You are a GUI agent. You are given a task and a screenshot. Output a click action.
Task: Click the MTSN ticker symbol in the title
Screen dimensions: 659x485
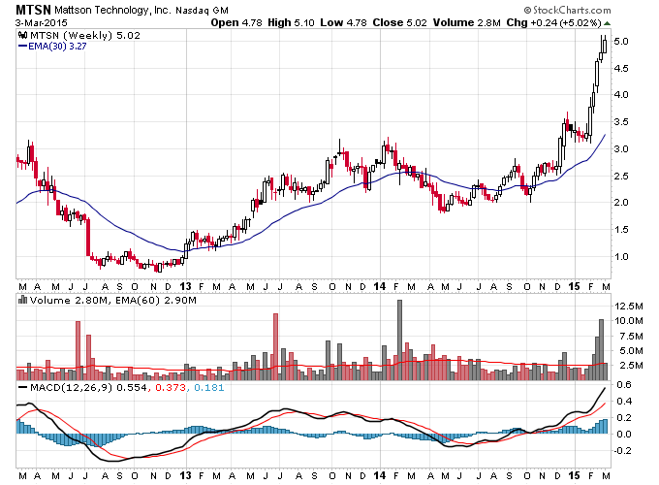click(x=33, y=10)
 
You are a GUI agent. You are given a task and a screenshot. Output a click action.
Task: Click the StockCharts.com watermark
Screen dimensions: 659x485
click(x=567, y=10)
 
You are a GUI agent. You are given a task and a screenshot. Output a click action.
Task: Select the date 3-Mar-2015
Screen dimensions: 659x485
click(x=41, y=22)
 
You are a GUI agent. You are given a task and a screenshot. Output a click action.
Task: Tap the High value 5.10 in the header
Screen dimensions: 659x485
click(x=304, y=22)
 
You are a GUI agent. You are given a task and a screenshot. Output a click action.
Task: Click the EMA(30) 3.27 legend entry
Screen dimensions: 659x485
click(x=52, y=47)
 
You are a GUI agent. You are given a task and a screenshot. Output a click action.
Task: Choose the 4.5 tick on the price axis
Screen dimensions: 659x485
click(x=621, y=68)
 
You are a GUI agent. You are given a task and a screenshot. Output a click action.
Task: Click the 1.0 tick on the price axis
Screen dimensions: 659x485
click(x=621, y=257)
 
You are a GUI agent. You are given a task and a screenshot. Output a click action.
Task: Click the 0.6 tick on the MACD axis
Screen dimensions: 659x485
click(x=624, y=384)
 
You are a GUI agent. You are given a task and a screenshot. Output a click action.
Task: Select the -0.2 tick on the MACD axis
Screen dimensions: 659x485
click(x=622, y=450)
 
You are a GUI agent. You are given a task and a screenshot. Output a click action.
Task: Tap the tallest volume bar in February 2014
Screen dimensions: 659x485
click(x=399, y=339)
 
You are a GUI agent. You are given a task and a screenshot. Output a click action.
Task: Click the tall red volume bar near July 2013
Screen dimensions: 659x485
click(x=275, y=346)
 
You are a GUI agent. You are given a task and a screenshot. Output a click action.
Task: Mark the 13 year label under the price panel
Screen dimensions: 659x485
click(x=185, y=286)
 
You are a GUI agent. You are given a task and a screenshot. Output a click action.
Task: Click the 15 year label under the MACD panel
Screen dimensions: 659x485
click(x=574, y=475)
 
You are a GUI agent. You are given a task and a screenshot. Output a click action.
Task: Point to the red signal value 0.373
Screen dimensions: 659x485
click(x=171, y=387)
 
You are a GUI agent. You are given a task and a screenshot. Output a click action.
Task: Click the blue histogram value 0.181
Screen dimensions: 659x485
click(x=209, y=387)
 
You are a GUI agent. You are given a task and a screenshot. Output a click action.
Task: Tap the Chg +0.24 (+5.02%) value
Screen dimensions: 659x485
click(x=554, y=22)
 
